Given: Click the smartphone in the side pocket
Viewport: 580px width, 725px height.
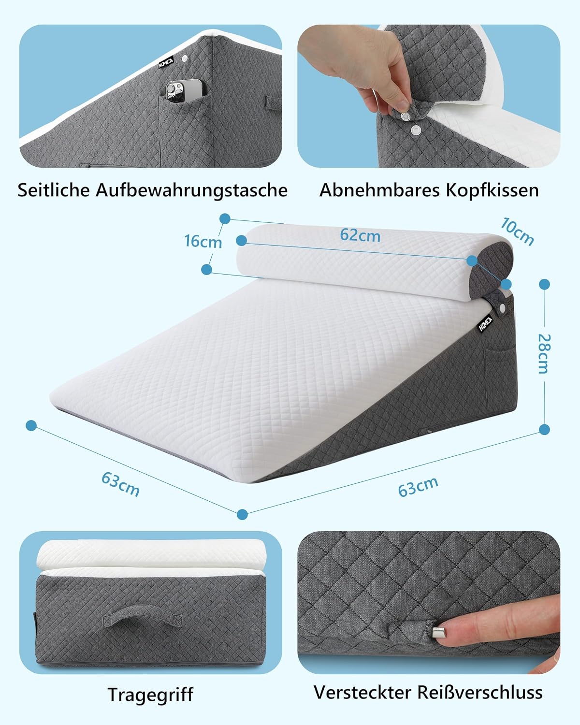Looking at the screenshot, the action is pos(184,92).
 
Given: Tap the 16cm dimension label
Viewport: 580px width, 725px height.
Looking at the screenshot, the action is pos(203,242).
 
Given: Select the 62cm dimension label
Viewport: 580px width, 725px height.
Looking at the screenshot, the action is pos(360,235).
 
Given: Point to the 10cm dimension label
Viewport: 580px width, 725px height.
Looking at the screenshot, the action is pos(517,232).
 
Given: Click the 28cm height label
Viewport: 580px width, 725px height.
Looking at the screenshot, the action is pos(544,354).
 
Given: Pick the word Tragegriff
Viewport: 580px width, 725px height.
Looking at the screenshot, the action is pos(150,695).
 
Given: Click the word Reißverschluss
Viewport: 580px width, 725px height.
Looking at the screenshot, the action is pos(480,693).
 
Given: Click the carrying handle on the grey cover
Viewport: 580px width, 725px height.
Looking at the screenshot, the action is pos(143,615).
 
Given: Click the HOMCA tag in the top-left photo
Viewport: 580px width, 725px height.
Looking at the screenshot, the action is pos(166,63).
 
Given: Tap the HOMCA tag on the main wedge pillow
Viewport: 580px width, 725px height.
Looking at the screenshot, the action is pos(485,324).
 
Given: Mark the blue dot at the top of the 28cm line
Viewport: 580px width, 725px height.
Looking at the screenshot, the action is pos(544,284).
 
